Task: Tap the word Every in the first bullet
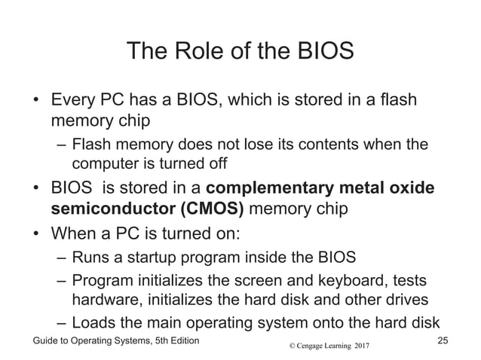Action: (x=73, y=100)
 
